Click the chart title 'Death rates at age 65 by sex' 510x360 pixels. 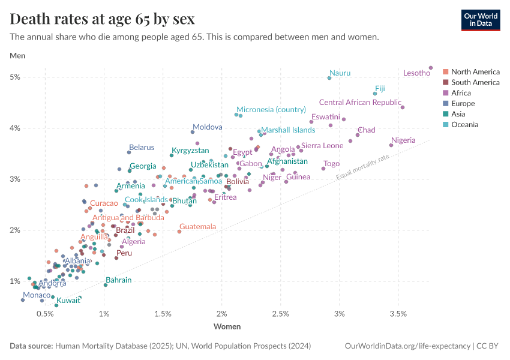coord(102,19)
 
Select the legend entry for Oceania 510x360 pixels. coord(464,125)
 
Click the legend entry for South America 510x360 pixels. coord(475,82)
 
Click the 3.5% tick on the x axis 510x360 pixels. coord(398,314)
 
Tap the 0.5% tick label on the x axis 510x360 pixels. coord(46,314)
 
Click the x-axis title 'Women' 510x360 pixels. coord(227,327)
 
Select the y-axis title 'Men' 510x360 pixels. coord(17,56)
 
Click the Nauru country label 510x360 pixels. coord(340,73)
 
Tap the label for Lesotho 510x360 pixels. coord(416,73)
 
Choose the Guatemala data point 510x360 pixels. coord(179,232)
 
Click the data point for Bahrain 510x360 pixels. coord(106,285)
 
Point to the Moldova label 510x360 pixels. coord(207,127)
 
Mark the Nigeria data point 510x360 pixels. coord(391,145)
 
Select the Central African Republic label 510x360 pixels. coord(360,103)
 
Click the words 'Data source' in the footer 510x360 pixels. coord(31,346)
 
